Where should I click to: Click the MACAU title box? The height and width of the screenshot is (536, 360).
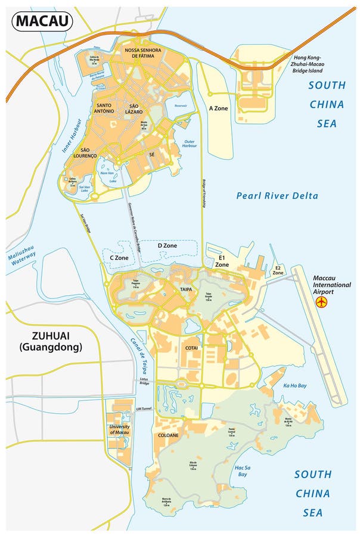coord(42,21)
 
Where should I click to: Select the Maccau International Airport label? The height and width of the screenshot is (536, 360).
coord(332,285)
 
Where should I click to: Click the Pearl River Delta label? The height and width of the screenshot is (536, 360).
coord(277,195)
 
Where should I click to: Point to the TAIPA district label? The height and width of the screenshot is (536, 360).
coord(185,288)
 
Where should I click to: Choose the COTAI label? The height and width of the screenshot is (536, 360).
coord(192,347)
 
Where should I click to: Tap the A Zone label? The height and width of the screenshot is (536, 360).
coord(219,109)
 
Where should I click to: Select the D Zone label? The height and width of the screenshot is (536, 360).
coord(167,245)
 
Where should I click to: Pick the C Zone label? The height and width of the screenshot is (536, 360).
coord(119,257)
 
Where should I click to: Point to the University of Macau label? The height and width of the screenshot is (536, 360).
coord(120,430)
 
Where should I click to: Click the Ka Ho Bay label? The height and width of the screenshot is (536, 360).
coord(295,386)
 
